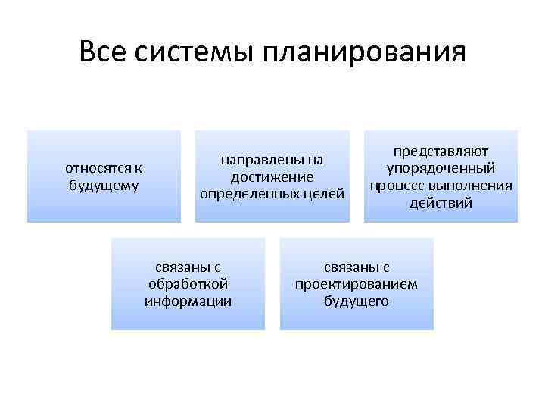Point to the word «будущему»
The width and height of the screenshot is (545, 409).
click(x=104, y=184)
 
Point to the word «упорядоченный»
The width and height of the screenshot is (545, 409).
click(x=441, y=168)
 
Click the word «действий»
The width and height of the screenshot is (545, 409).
click(x=441, y=202)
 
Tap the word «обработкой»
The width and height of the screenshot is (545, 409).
click(x=188, y=284)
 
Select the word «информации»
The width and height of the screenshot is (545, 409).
click(x=188, y=301)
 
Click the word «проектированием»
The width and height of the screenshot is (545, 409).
click(x=356, y=284)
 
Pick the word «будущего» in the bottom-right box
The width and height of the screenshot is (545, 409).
click(x=356, y=301)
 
